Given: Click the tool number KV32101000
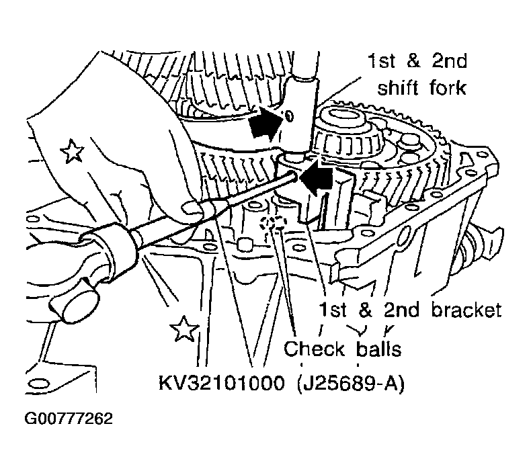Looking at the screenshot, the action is click(222, 384).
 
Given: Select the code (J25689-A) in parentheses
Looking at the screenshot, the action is click(351, 384).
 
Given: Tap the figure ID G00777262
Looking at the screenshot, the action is click(69, 419).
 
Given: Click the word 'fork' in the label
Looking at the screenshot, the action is click(448, 87).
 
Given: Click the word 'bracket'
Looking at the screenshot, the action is click(466, 310).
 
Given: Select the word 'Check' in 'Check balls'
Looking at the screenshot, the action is click(314, 348).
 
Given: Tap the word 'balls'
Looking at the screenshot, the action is click(378, 348).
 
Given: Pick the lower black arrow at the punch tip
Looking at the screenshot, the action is click(316, 177).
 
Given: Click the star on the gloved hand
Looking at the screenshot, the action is click(72, 150).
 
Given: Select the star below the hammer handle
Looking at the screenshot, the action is click(184, 329).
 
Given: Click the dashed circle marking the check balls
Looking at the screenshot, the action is click(273, 224).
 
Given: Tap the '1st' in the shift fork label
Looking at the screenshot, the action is click(381, 61).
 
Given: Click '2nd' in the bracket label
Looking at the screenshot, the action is click(401, 310).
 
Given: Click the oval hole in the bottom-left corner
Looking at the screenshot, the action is click(38, 384).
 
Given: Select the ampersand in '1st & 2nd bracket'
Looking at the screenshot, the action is click(365, 310).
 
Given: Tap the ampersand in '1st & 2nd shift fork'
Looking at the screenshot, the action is click(413, 61).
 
